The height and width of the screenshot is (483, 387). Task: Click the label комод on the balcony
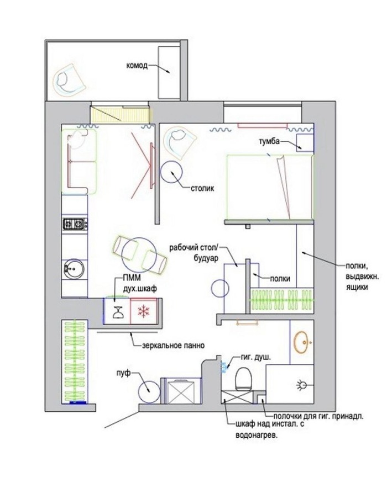coord(137,66)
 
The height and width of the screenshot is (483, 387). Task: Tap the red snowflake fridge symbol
coord(143,311)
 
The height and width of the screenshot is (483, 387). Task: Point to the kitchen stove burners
coord(75,224)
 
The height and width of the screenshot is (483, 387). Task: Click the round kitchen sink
coord(74,269)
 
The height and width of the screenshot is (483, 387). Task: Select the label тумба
coord(269,142)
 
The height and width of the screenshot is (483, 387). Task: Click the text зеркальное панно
coord(174,346)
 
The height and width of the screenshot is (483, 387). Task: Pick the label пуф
coord(124,373)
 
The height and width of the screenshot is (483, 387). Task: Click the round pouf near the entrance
coord(149,392)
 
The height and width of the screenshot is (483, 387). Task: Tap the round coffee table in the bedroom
coord(171,172)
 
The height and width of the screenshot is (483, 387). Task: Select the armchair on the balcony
coord(69,80)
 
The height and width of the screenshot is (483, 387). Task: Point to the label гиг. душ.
coord(256,358)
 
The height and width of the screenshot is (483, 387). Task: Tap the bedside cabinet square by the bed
coord(305,142)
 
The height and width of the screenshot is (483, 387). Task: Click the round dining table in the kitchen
coord(137,253)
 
